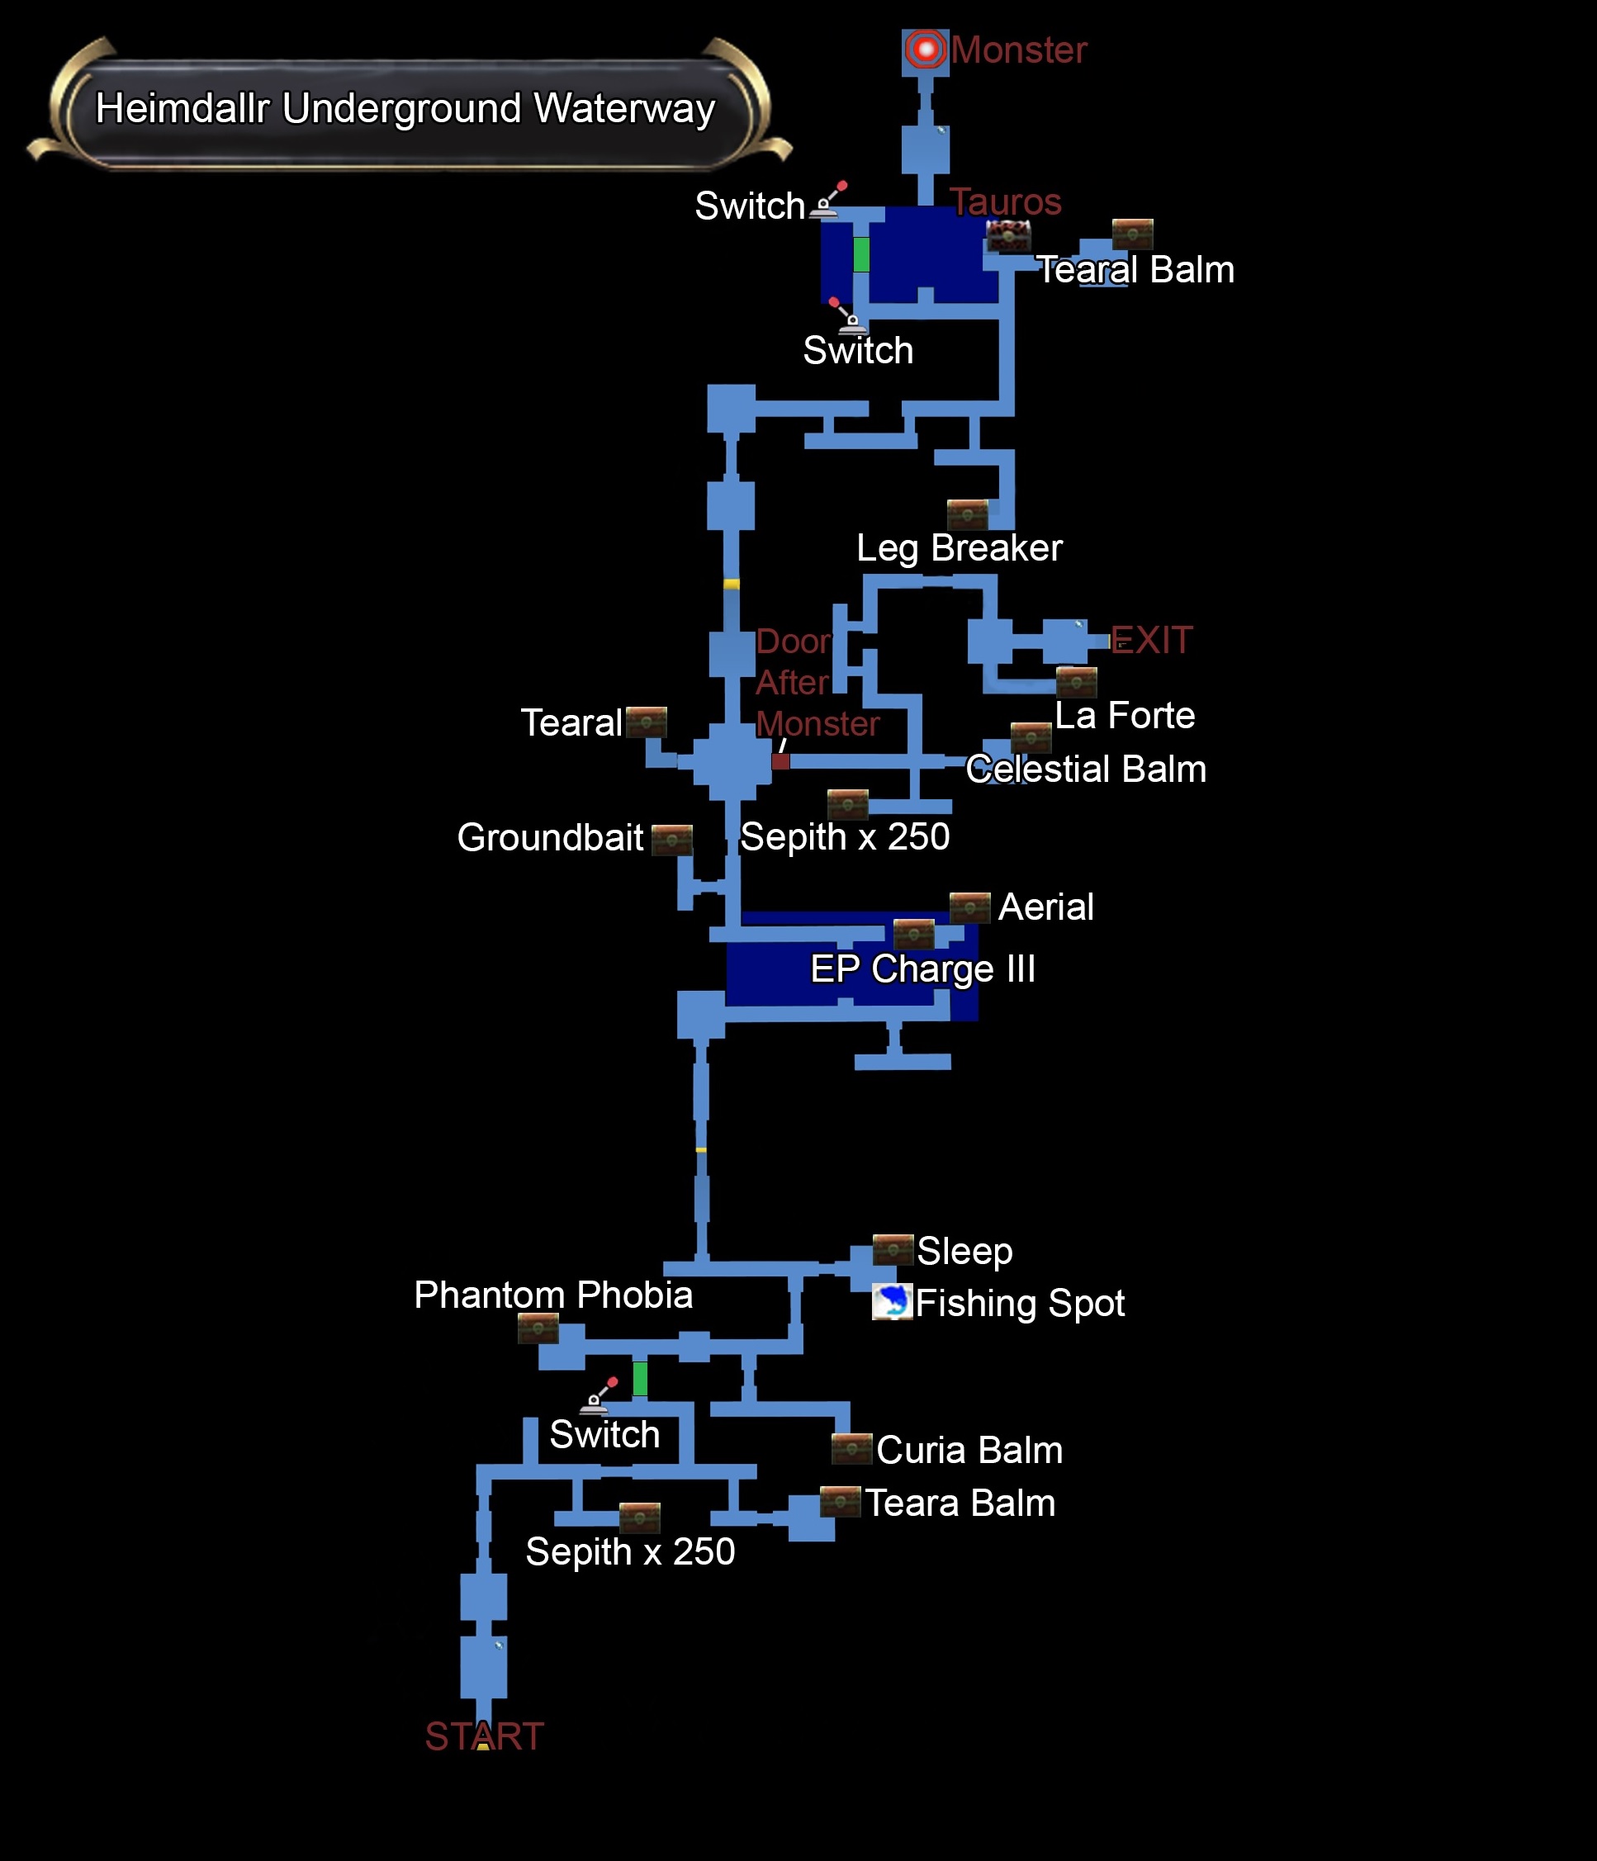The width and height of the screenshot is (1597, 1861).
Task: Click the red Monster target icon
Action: [925, 50]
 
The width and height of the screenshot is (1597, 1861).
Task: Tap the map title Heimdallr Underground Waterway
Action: [405, 109]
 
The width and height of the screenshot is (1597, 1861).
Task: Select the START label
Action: [484, 1736]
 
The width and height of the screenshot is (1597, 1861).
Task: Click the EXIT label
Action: [1151, 641]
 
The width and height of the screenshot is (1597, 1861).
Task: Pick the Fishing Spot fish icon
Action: [892, 1301]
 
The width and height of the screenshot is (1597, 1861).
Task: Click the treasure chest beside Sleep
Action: [893, 1249]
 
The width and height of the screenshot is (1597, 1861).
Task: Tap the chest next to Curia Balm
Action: [851, 1449]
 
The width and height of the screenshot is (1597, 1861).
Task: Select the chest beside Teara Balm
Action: [840, 1502]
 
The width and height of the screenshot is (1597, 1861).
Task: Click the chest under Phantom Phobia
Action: [538, 1328]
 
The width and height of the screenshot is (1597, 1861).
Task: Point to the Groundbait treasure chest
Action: [671, 840]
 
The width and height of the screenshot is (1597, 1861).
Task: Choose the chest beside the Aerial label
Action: [969, 907]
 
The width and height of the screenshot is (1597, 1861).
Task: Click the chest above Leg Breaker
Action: [967, 514]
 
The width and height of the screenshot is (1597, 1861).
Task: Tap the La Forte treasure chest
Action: [1076, 683]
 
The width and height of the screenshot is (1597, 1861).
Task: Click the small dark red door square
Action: [780, 761]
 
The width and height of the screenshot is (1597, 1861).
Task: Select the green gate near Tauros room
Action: [861, 254]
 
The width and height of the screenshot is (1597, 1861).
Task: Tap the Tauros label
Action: [1005, 202]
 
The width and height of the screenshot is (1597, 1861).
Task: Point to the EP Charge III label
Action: [922, 969]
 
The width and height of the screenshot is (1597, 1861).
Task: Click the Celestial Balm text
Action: [1085, 769]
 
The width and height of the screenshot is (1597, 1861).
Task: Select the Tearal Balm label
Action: [1135, 269]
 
